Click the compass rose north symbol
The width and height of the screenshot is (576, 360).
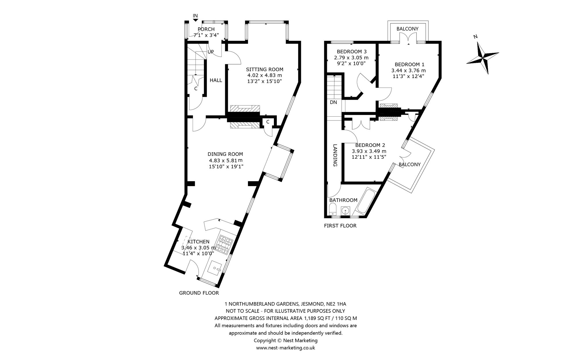482,56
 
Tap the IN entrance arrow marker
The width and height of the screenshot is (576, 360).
196,20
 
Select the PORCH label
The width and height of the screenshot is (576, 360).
206,29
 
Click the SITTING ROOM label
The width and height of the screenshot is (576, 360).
264,69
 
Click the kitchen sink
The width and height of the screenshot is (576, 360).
215,268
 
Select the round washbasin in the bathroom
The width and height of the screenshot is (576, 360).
345,211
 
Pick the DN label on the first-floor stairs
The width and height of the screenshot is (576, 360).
333,102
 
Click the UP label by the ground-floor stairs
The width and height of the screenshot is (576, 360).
211,52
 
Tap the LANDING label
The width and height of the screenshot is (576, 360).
335,155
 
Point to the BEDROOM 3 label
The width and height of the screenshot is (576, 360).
351,52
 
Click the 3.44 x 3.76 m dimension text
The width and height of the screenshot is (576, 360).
408,70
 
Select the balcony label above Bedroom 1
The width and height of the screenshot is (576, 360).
407,29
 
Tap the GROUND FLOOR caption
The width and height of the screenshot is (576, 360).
199,293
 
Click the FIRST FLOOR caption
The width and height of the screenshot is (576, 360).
340,226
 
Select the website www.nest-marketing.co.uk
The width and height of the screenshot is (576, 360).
285,348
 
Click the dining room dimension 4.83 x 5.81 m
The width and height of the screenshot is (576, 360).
226,160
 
